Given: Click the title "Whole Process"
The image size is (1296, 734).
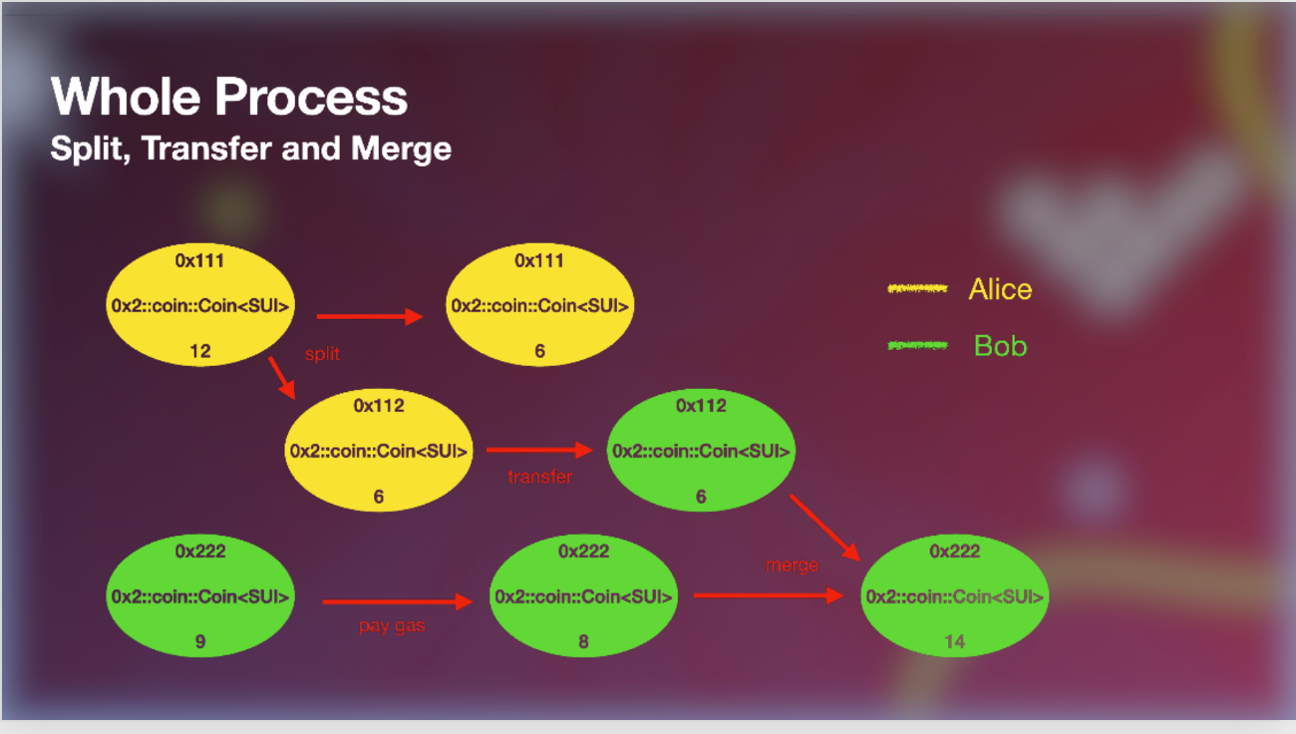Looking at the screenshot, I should pos(229,98).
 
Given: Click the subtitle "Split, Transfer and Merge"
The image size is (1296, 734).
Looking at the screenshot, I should pos(251,150).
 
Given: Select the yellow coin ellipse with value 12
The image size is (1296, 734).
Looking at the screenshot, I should pos(200,305).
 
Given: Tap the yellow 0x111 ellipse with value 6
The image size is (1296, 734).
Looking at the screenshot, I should pos(539,305).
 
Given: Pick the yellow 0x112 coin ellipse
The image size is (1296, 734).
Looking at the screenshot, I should pos(378,451).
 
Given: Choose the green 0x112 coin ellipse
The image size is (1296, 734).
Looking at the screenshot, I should pos(701,451).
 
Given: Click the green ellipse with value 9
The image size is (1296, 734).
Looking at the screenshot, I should pos(200,596).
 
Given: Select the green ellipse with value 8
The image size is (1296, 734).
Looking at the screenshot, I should pos(583,596).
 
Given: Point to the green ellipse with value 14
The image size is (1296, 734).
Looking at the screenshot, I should pos(954,596).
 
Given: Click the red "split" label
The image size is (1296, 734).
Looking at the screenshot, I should pos(322,354).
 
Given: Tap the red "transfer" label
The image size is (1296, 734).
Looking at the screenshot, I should pos(539,477).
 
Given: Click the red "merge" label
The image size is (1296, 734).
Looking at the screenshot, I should pos(792,565).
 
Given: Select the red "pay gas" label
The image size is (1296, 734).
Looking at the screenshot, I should pos(393,627).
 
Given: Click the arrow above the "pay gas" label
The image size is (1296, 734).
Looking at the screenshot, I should pos(396,601).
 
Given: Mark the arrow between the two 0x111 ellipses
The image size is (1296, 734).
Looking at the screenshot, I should pos(370,317).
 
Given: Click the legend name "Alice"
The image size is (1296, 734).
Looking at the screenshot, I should pos(1000,290).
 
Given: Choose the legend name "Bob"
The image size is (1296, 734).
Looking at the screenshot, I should pos(1000,346).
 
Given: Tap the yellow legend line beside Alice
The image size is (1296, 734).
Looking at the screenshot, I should pos(917,289).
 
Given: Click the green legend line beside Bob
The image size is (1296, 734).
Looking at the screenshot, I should pos(917,345).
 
